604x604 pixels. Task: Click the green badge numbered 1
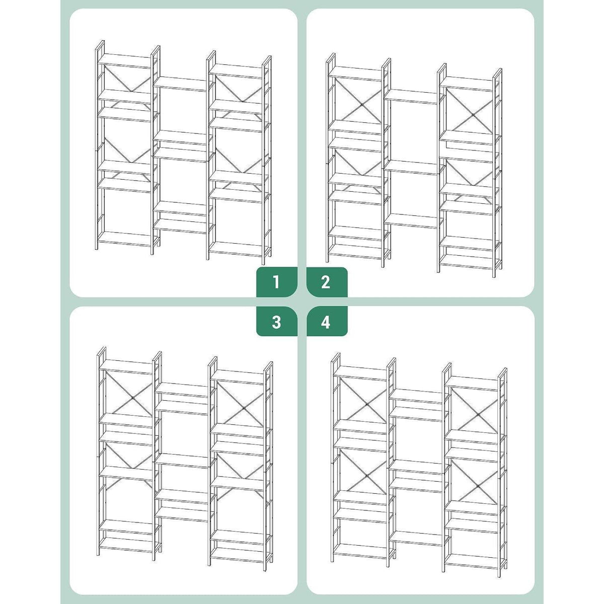(x=277, y=282)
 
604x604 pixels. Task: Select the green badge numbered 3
(x=277, y=321)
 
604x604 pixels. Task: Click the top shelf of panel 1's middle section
(x=180, y=84)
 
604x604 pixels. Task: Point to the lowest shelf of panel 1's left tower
(x=124, y=239)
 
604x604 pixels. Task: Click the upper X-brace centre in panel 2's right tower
(x=473, y=115)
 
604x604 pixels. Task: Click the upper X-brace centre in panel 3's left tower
(x=132, y=398)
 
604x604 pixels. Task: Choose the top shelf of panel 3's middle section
(x=182, y=390)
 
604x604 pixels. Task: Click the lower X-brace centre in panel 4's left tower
(x=366, y=486)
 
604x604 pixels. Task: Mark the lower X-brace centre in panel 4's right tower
(x=478, y=495)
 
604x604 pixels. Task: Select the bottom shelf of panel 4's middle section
(x=416, y=538)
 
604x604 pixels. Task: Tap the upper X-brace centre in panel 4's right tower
(x=478, y=415)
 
